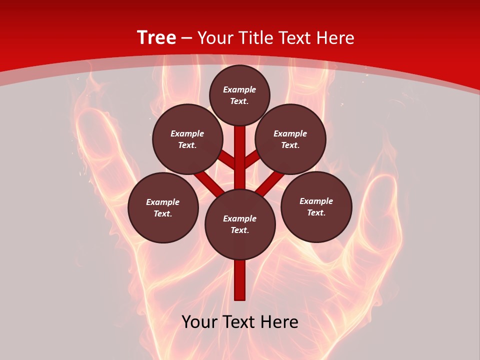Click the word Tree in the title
tap(156, 38)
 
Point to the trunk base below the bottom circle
tap(240, 280)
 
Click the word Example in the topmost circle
tap(239, 89)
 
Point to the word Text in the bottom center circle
tap(239, 230)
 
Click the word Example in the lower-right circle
tap(316, 201)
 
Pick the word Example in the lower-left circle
tap(162, 202)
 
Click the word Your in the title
tap(216, 38)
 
